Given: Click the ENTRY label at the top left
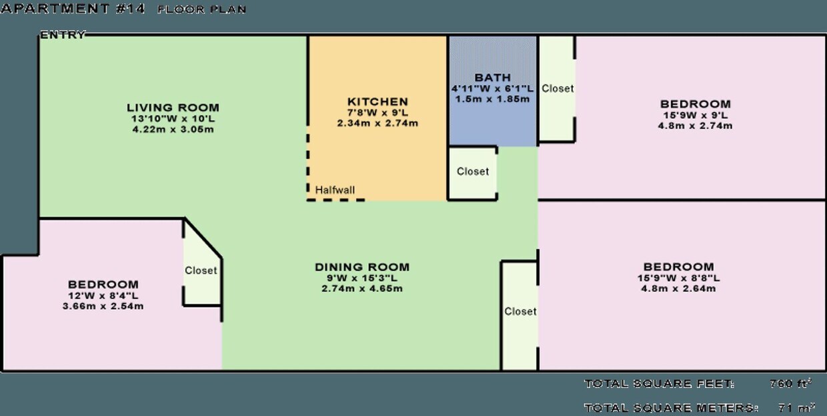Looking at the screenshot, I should [x=63, y=35].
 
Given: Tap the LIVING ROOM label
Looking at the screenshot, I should [x=173, y=108].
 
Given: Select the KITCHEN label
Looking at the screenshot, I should [x=377, y=102].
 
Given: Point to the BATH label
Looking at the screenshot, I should [x=493, y=78].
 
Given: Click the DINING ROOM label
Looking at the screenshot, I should [x=362, y=267].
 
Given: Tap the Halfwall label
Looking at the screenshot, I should [x=335, y=190].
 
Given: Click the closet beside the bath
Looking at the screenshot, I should [x=558, y=88].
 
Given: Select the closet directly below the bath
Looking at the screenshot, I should [x=473, y=172].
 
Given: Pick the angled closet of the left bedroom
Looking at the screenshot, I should [x=201, y=270].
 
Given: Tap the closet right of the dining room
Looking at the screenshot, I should [x=520, y=311].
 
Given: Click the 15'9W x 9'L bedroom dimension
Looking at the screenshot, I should [x=696, y=115].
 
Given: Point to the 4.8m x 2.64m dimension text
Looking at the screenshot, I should [x=678, y=288].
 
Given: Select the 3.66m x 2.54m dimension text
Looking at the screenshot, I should [x=103, y=306].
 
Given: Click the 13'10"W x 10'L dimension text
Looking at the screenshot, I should [x=173, y=119].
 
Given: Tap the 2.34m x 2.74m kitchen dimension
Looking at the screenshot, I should [x=377, y=124].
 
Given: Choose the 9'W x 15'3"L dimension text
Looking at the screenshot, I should [x=362, y=278].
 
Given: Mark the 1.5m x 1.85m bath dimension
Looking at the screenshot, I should [x=493, y=99].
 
